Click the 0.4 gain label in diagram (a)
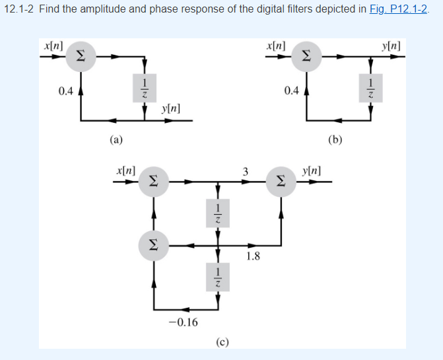[65, 91]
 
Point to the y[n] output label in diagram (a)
[170, 107]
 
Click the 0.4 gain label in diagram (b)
[290, 91]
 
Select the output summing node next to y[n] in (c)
[283, 181]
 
